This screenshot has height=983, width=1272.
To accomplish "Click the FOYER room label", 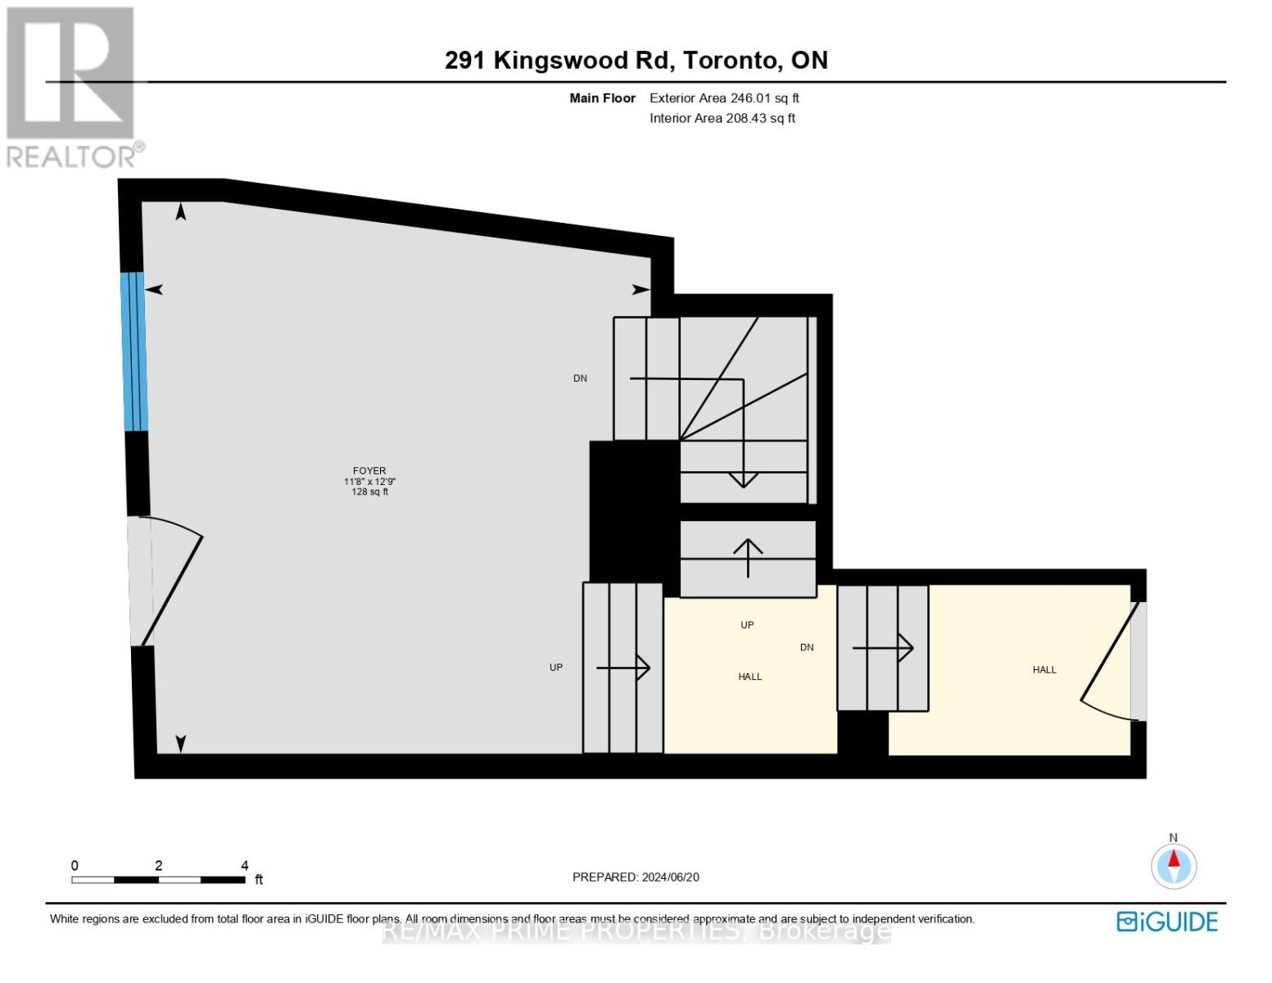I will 369,471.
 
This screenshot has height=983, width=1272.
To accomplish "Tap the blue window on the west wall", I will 134,351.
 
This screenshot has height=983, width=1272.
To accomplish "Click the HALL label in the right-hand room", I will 1044,670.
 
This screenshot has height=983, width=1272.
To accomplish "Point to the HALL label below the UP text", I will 749,677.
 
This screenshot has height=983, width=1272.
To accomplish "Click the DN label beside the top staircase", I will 580,378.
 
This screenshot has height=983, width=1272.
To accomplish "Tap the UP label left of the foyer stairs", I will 556,668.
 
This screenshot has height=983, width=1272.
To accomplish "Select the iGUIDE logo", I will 1167,922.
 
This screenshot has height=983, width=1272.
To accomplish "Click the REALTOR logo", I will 72,86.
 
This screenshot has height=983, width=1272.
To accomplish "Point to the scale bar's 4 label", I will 244,865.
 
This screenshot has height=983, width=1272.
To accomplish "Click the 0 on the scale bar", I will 75,865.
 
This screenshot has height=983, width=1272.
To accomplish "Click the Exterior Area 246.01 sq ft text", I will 724,98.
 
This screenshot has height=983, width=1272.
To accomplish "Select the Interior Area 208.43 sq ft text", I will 722,118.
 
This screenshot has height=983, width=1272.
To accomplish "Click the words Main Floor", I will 602,98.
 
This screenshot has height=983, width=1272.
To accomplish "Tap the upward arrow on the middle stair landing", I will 748,557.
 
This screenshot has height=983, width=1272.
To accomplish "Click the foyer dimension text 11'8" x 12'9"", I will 369,482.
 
